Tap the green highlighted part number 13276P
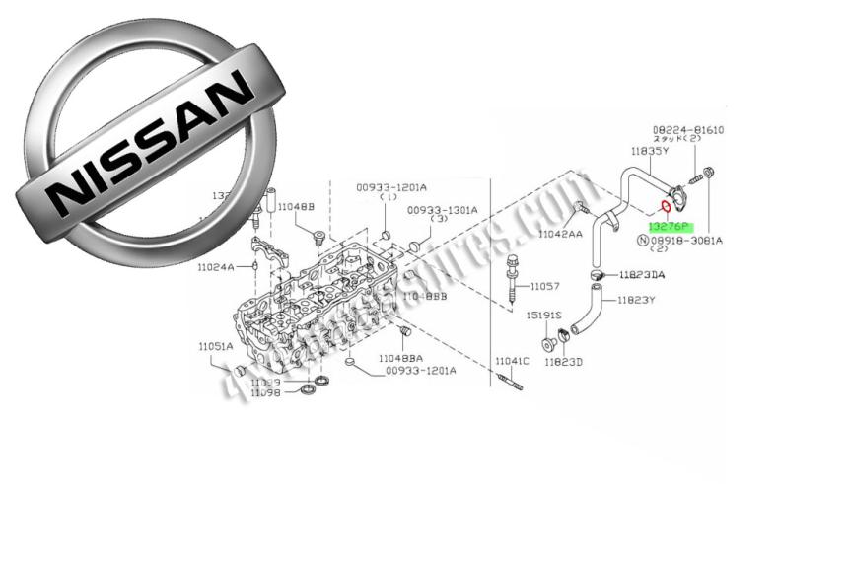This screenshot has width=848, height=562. coord(669,227)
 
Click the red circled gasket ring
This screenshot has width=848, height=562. coord(666,207)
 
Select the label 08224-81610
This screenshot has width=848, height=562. coord(687,130)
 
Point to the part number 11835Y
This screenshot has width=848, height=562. coord(650,152)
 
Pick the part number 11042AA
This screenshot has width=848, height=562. coord(560,234)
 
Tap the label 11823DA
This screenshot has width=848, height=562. coord(641,275)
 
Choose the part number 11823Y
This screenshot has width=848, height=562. coord(636,300)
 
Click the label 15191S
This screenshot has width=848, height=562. coord(543,315)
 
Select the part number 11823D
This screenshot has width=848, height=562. coord(566,362)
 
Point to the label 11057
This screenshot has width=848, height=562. coord(544,287)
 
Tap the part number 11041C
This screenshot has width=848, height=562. coord(512,361)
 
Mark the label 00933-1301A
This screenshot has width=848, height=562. coord(442,210)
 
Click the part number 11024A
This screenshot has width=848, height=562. coord(214,266)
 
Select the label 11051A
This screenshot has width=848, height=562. coord(215,346)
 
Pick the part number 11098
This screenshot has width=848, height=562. coord(265,392)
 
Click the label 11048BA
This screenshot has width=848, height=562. coord(400,358)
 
